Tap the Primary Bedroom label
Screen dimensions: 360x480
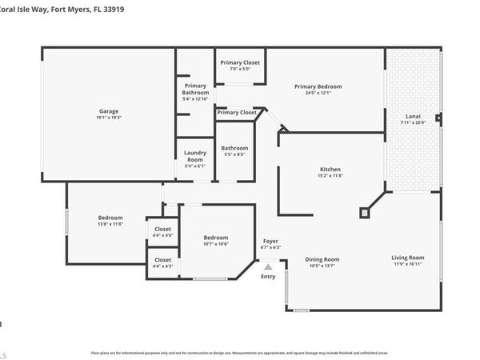tap(318, 86)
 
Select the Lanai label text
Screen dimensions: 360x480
tap(414, 116)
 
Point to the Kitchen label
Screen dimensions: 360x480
tap(330, 170)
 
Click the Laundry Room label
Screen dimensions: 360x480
tap(195, 156)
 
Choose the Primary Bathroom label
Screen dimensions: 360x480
tap(196, 90)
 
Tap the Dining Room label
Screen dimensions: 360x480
tap(322, 258)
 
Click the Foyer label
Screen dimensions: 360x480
tap(270, 241)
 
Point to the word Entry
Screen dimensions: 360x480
tap(268, 277)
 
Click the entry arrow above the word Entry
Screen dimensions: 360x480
tap(268, 266)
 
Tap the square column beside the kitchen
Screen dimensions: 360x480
tap(365, 213)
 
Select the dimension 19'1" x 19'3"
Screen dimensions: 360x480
tap(110, 118)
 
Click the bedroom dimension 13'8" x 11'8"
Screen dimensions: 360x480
tap(110, 225)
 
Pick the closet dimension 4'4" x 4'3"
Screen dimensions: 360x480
tap(162, 266)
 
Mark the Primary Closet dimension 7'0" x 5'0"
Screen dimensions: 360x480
tap(240, 69)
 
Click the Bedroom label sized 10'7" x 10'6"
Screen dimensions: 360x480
tap(215, 238)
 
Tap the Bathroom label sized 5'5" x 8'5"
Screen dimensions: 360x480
tap(235, 147)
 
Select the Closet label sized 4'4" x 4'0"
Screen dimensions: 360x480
tap(162, 229)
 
